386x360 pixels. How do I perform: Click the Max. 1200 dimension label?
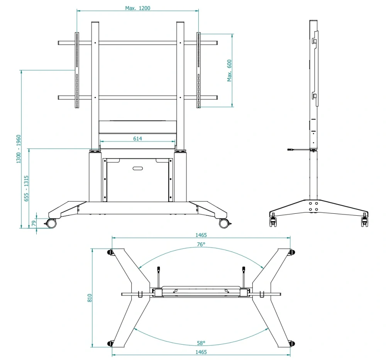tap(138, 8)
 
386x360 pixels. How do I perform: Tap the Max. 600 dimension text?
tap(229, 71)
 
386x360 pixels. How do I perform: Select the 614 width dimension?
tap(138, 139)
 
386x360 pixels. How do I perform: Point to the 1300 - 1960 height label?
tap(19, 149)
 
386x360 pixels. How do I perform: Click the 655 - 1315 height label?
tap(26, 189)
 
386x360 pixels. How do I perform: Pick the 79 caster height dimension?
tap(34, 223)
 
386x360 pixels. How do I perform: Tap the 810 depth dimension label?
tap(90, 298)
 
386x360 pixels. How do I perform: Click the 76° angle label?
tap(201, 244)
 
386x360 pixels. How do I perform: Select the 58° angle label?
tap(201, 343)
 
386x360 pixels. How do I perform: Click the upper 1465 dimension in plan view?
tap(201, 235)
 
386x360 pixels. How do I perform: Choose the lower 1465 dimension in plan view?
tap(201, 352)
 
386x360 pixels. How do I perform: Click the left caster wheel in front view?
tap(51, 223)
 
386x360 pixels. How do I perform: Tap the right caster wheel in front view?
tap(224, 223)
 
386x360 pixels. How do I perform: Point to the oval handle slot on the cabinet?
tap(138, 169)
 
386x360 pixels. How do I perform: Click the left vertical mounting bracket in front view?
tap(77, 70)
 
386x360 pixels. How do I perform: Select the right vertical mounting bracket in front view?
tap(198, 70)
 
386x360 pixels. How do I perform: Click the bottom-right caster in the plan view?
tap(292, 343)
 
